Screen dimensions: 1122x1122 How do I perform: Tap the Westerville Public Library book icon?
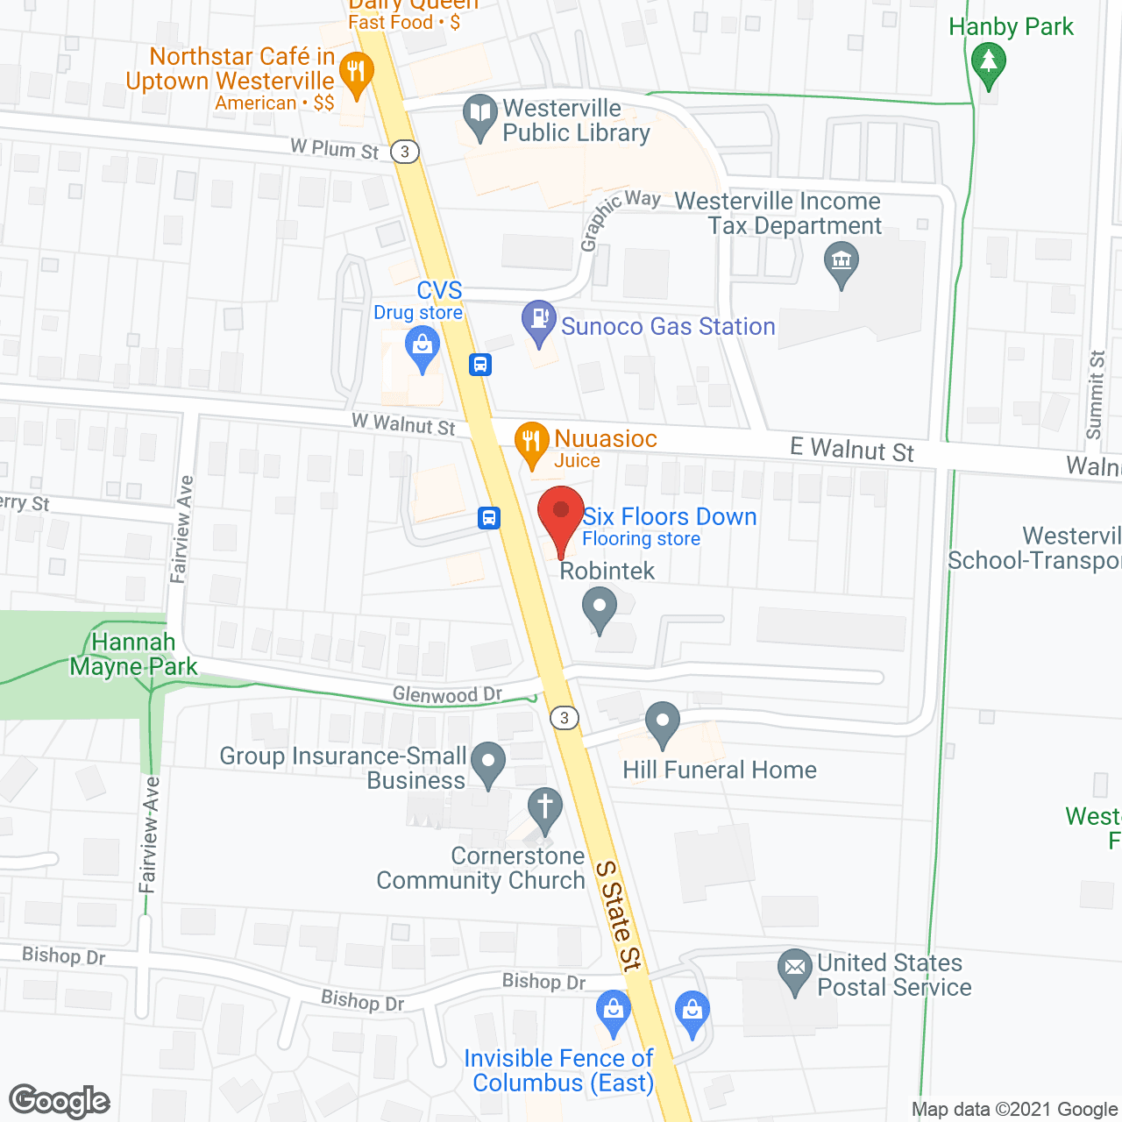click(479, 115)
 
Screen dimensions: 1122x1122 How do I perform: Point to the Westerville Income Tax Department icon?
click(841, 262)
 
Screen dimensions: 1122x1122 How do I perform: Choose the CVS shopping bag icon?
click(423, 347)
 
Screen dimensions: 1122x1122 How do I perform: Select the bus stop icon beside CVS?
click(480, 364)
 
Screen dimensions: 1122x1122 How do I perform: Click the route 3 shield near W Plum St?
click(405, 152)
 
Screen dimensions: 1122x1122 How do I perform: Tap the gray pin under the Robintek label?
click(600, 607)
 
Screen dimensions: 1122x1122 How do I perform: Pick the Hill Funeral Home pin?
click(663, 724)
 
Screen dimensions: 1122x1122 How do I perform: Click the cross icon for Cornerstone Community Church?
click(545, 807)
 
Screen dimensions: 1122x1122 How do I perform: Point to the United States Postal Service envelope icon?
click(795, 969)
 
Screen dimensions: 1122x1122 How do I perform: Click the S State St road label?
click(619, 915)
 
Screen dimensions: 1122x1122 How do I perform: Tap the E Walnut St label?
click(851, 450)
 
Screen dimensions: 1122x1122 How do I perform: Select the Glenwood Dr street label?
click(447, 695)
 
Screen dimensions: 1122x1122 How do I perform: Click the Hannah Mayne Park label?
click(134, 655)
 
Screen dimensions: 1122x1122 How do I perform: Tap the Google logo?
click(60, 1101)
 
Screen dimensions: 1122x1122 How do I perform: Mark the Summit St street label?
click(1096, 394)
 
